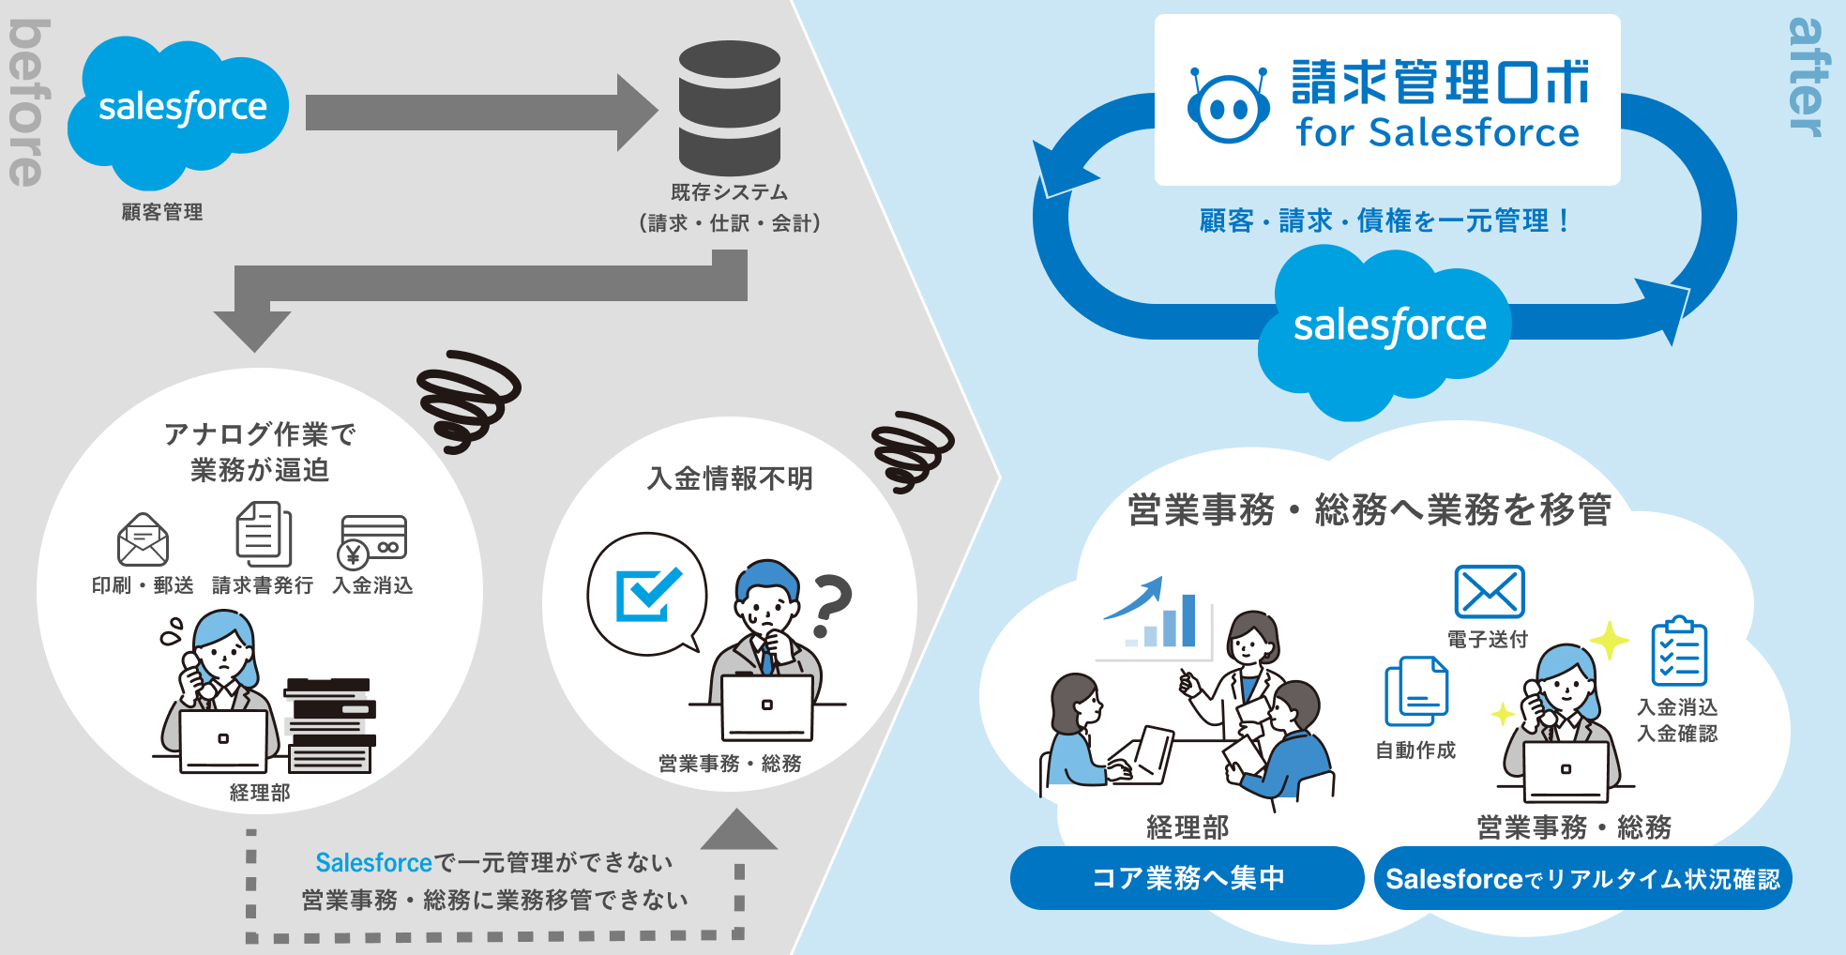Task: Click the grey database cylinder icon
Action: click(x=729, y=107)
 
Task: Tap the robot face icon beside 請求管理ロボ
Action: click(x=1228, y=106)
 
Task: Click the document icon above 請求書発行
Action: click(x=263, y=533)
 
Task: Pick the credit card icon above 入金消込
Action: click(x=372, y=540)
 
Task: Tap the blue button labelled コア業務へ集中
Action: click(x=1187, y=878)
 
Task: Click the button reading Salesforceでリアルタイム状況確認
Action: click(x=1582, y=878)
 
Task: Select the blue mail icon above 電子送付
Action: click(x=1489, y=592)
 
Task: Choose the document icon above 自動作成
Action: click(x=1416, y=691)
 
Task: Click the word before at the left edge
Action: click(x=27, y=103)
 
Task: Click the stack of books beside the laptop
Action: click(x=330, y=725)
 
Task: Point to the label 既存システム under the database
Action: click(x=729, y=192)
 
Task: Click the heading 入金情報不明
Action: click(x=730, y=478)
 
